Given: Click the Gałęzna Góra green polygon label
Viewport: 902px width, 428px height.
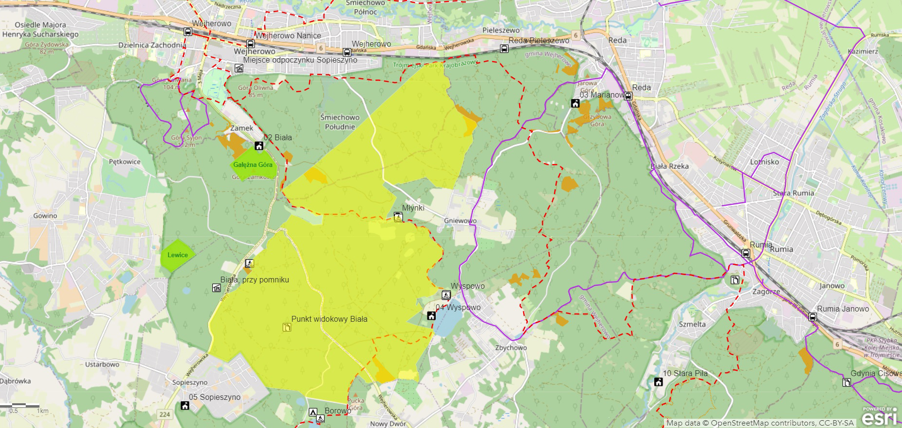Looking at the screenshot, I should (x=253, y=165).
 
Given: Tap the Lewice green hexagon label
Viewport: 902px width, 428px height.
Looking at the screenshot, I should (x=177, y=255).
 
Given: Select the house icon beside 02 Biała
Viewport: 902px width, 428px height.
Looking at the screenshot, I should (x=259, y=146).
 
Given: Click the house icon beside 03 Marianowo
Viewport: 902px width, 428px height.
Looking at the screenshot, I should (x=575, y=103).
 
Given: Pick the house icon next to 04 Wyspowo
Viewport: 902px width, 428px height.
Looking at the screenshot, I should (x=431, y=316).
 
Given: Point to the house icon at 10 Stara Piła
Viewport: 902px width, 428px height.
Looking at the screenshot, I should (x=658, y=382).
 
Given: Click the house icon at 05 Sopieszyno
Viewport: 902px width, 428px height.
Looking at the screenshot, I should (x=185, y=406).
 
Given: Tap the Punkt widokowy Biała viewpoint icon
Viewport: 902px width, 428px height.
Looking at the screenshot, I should (x=287, y=328).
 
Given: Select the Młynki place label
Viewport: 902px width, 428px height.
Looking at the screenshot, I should (x=413, y=208).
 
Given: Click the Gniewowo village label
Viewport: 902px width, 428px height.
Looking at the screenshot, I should (x=460, y=221).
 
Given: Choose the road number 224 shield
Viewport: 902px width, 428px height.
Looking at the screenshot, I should (x=165, y=414).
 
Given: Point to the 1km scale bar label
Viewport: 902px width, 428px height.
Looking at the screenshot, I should (x=43, y=411).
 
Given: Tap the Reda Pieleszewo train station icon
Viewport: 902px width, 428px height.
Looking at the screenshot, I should (x=504, y=49).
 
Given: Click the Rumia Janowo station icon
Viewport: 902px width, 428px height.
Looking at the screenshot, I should (x=813, y=317).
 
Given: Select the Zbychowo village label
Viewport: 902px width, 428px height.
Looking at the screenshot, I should (x=511, y=347).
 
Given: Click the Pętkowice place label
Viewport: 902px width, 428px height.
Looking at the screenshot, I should (x=124, y=162).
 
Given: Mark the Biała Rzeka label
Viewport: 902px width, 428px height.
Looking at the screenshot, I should (x=669, y=166).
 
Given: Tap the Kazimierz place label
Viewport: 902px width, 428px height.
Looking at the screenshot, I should (x=863, y=51).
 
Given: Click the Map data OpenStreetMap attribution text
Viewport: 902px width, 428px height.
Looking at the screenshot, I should (x=760, y=423).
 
